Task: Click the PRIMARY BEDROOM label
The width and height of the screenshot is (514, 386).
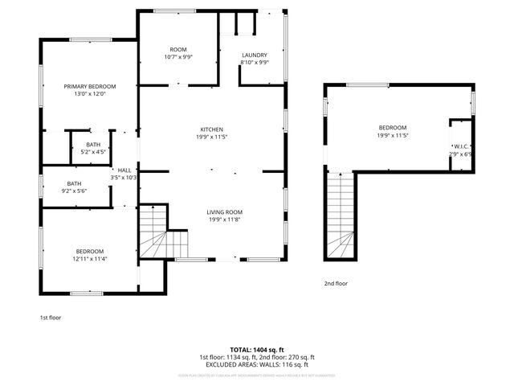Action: (90, 86)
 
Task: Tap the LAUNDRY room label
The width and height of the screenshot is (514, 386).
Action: (255, 55)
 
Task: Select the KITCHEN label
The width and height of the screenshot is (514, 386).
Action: (212, 129)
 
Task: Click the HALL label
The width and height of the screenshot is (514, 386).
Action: (124, 170)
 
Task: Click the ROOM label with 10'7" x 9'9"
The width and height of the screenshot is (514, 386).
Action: (178, 49)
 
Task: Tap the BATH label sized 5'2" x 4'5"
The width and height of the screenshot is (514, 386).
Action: (94, 144)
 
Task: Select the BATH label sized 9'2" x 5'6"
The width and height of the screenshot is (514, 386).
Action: (74, 183)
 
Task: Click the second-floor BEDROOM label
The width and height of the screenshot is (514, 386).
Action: (393, 128)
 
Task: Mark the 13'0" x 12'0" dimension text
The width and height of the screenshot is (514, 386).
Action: (90, 94)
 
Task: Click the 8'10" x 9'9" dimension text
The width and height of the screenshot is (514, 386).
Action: (255, 63)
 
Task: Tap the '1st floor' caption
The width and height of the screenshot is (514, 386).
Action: (51, 318)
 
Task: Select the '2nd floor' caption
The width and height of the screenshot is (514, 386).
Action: (337, 283)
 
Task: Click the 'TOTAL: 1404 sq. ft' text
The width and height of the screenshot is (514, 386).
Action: (256, 350)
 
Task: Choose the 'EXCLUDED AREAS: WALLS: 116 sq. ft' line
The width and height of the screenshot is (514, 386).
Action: (256, 364)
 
